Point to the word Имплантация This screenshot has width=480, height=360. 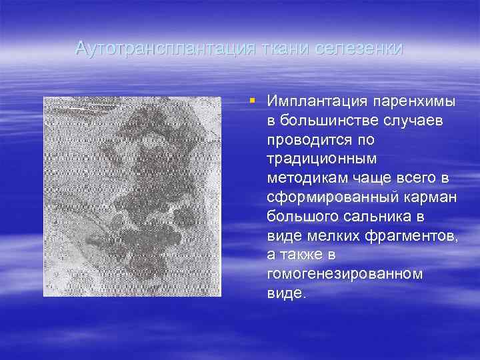pos(309,101)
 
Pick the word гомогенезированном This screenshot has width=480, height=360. pos(344,275)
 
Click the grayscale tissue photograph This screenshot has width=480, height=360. pos(132,196)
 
